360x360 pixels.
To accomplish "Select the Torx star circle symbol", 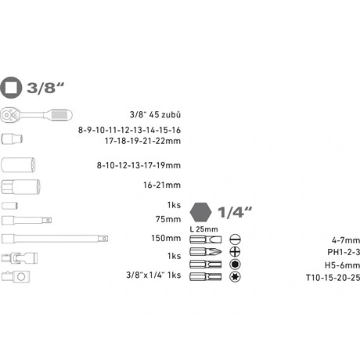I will coord(234,277).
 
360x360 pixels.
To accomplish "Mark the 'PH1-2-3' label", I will coord(343,252).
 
